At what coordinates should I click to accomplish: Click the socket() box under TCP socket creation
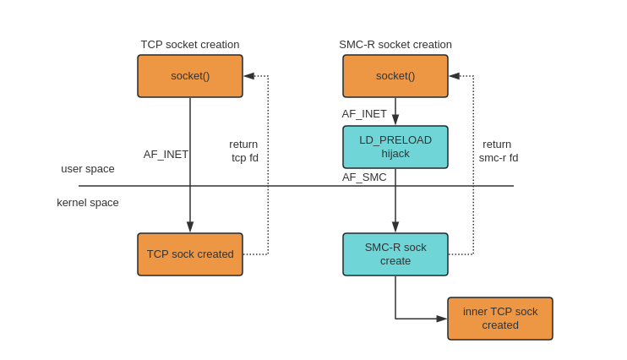(x=190, y=76)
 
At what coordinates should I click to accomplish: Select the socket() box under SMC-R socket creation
(x=395, y=76)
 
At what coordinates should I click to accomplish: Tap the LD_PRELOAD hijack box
(x=395, y=147)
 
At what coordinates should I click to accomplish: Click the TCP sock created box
(x=190, y=254)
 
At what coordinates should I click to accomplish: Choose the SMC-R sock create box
(x=395, y=254)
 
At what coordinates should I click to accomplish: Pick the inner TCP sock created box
(x=500, y=319)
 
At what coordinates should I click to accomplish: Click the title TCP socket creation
(x=190, y=45)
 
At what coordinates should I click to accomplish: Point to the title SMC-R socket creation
(x=395, y=45)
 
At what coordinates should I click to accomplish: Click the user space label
(x=88, y=169)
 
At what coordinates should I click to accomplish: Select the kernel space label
(x=88, y=203)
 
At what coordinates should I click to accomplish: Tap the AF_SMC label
(x=364, y=177)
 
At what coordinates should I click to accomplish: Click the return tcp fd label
(x=244, y=150)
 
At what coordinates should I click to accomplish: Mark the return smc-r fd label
(x=498, y=150)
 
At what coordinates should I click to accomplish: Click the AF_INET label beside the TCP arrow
(x=166, y=155)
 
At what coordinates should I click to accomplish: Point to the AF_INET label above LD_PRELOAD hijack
(x=364, y=114)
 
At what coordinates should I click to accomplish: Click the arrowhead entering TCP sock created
(x=190, y=227)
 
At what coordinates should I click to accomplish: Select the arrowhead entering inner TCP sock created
(x=441, y=319)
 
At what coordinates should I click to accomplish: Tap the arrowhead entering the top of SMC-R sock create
(x=395, y=227)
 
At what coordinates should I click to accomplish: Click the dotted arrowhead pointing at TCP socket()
(x=249, y=76)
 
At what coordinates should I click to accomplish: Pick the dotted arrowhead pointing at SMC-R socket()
(x=455, y=76)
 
